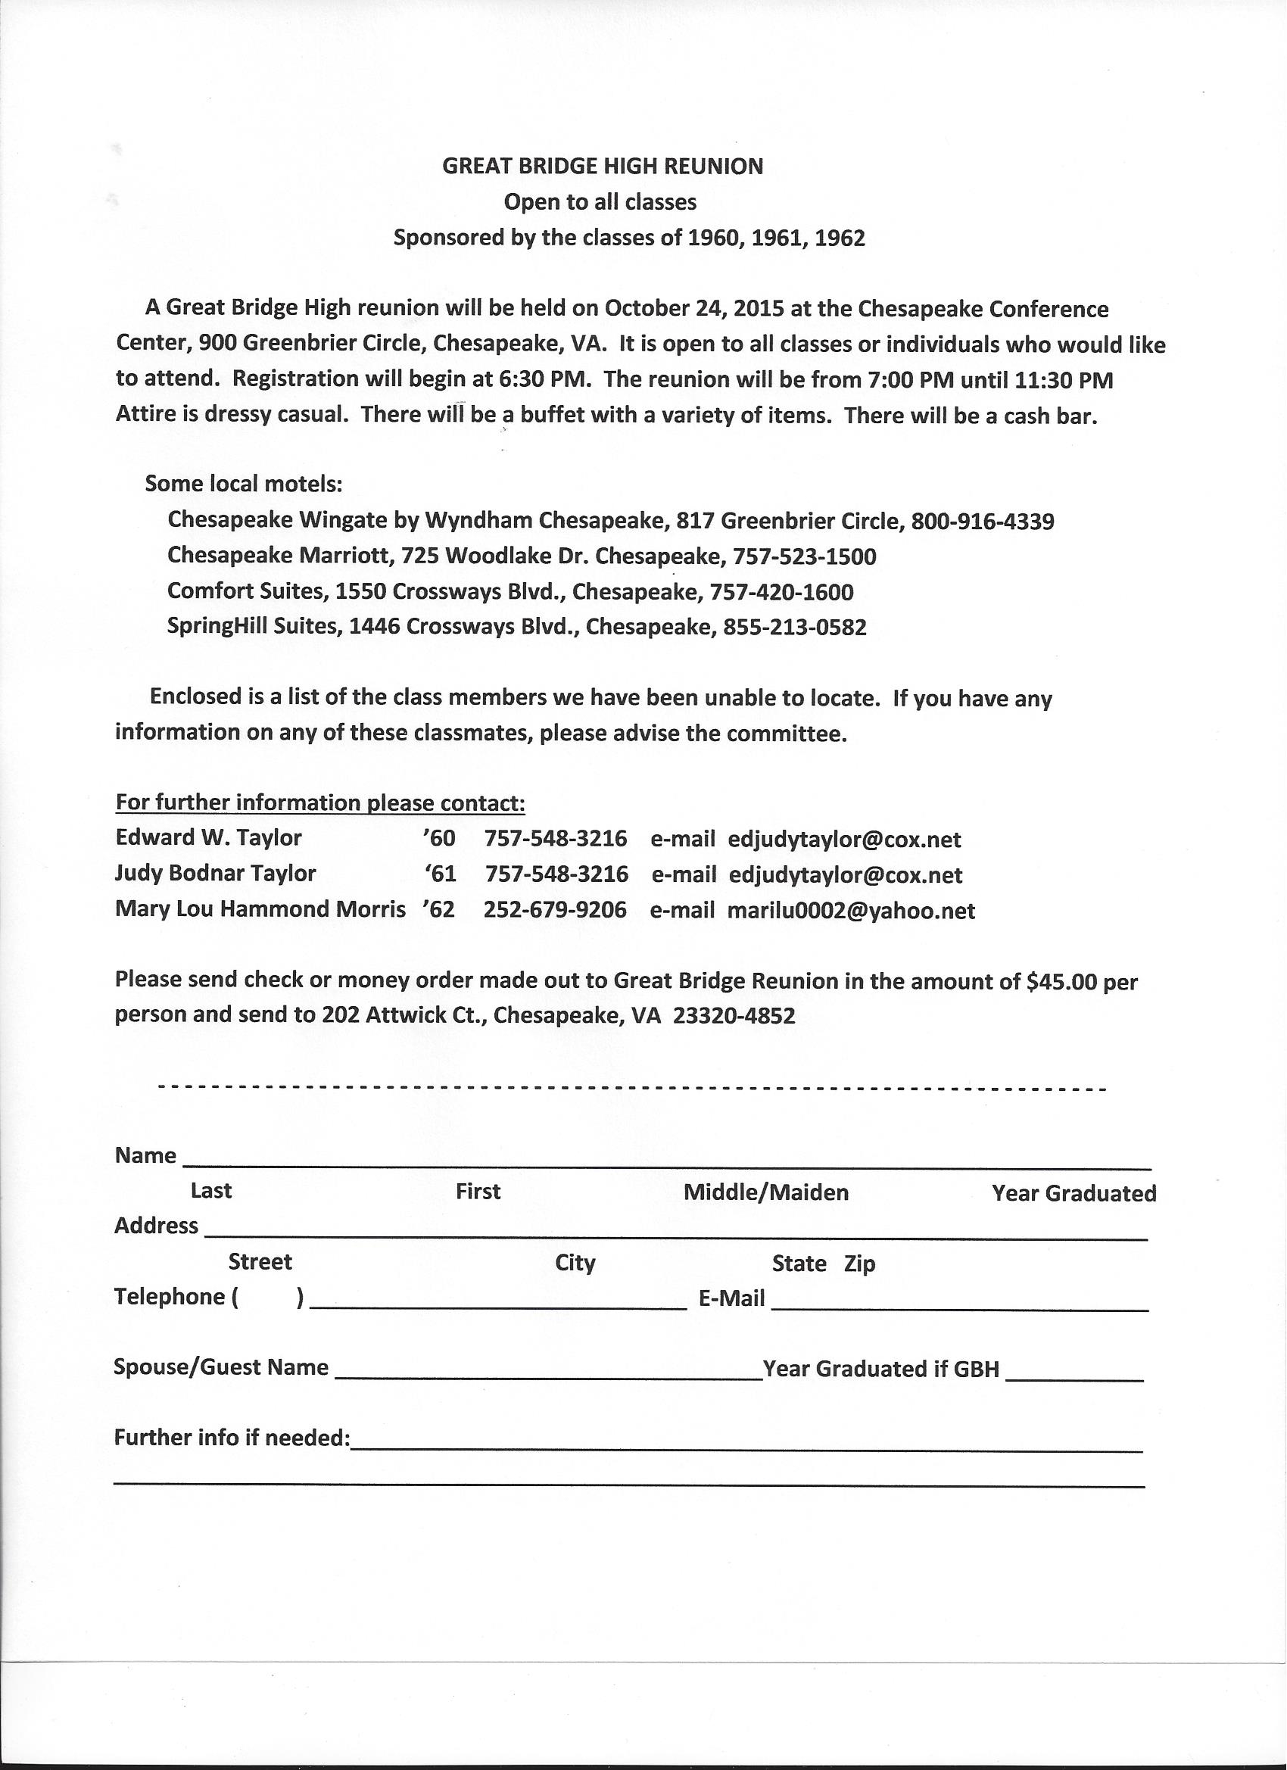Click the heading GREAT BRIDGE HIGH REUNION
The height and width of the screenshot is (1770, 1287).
point(603,167)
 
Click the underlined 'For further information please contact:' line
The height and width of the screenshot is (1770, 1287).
point(320,802)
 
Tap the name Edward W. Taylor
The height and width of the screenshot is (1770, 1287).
point(208,838)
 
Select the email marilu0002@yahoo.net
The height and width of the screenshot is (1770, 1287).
point(851,911)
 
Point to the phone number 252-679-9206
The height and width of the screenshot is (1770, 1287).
point(555,911)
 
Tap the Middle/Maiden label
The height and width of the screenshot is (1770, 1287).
point(765,1192)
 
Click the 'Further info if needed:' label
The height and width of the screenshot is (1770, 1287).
point(232,1438)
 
